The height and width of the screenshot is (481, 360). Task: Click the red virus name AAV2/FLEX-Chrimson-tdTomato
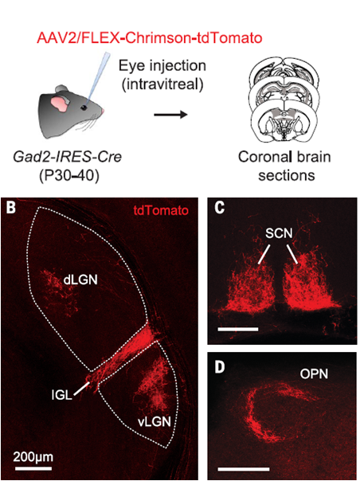pos(149,39)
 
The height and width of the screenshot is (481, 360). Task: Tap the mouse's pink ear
pos(59,104)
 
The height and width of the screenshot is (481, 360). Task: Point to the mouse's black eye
pos(84,108)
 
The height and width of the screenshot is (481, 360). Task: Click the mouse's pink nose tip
pos(104,111)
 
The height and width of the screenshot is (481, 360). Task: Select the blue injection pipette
pos(97,78)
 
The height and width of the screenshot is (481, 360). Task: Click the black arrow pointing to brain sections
pos(170,115)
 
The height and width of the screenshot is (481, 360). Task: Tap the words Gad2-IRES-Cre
pos(67,157)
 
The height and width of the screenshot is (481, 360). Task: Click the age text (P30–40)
pos(68,176)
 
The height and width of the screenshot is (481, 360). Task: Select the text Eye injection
pos(162,65)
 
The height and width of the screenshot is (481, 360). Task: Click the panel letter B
pos(11,209)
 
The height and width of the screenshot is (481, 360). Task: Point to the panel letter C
pos(219,209)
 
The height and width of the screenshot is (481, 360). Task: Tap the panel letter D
pos(220,367)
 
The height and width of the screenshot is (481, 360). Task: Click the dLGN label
pos(80,280)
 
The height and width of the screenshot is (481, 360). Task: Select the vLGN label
pos(154,422)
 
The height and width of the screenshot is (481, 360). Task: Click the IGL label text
pos(62,395)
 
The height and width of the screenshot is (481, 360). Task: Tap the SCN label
pos(279,234)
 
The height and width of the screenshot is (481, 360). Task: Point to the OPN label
pos(314,373)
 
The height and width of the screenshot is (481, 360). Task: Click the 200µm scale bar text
pos(33,457)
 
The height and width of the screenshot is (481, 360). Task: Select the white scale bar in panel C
pos(238,329)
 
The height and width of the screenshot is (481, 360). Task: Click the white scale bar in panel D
pos(244,469)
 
